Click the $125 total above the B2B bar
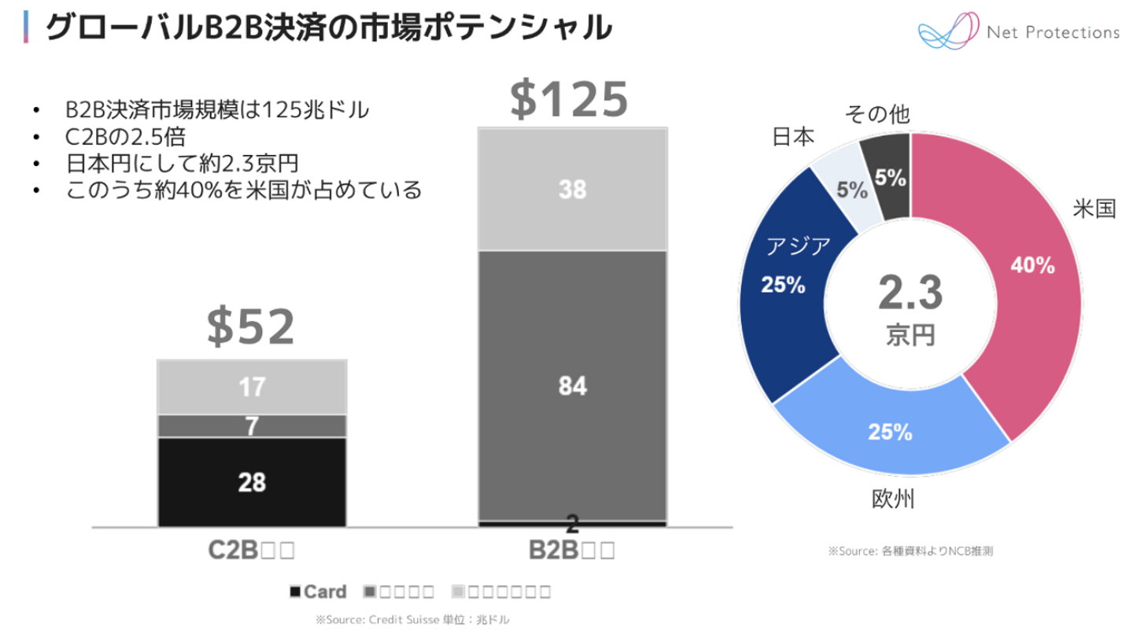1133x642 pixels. pyautogui.click(x=569, y=98)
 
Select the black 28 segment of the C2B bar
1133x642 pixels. pyautogui.click(x=252, y=482)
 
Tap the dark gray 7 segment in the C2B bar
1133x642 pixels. pyautogui.click(x=252, y=426)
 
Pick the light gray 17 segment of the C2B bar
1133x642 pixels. pyautogui.click(x=252, y=387)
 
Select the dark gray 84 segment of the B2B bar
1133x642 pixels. pyautogui.click(x=572, y=386)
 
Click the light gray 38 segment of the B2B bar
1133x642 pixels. pyautogui.click(x=572, y=189)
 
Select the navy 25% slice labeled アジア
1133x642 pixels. pyautogui.click(x=787, y=291)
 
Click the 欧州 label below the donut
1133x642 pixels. pyautogui.click(x=893, y=500)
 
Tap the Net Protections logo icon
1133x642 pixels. pyautogui.click(x=946, y=33)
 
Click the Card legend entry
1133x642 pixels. pyautogui.click(x=318, y=592)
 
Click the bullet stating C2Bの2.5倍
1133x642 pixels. pyautogui.click(x=126, y=137)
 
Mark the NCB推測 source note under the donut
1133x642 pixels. pyautogui.click(x=910, y=552)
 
